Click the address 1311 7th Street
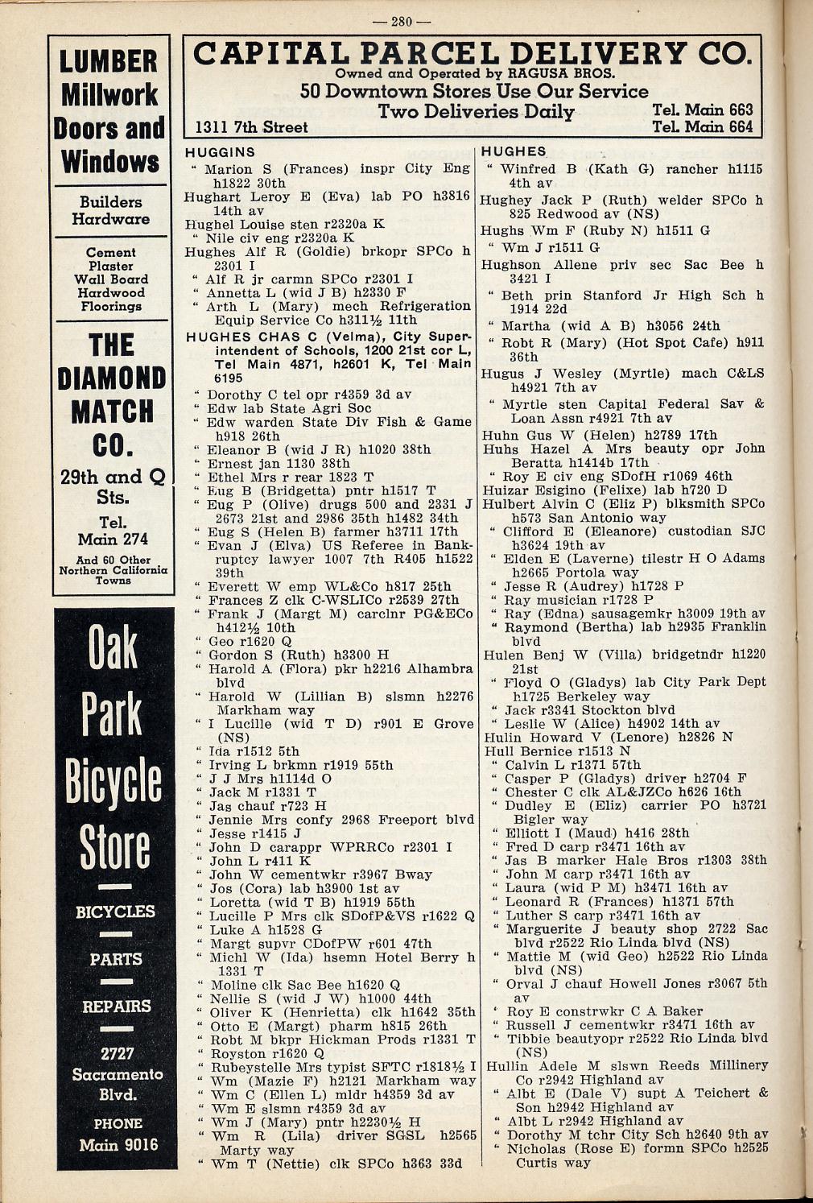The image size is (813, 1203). pos(252,127)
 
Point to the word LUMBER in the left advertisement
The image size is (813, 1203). pos(109,61)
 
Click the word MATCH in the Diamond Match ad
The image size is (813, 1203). pos(111,411)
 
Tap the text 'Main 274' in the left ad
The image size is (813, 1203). pos(113,539)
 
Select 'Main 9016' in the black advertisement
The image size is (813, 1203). pos(118,1144)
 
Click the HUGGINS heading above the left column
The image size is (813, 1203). pos(220,152)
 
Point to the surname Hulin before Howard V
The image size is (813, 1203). pos(501,738)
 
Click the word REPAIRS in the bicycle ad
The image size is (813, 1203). pos(117,1007)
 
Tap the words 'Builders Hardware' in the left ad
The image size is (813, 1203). pos(110,210)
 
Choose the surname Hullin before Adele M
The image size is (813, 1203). pos(506,1065)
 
